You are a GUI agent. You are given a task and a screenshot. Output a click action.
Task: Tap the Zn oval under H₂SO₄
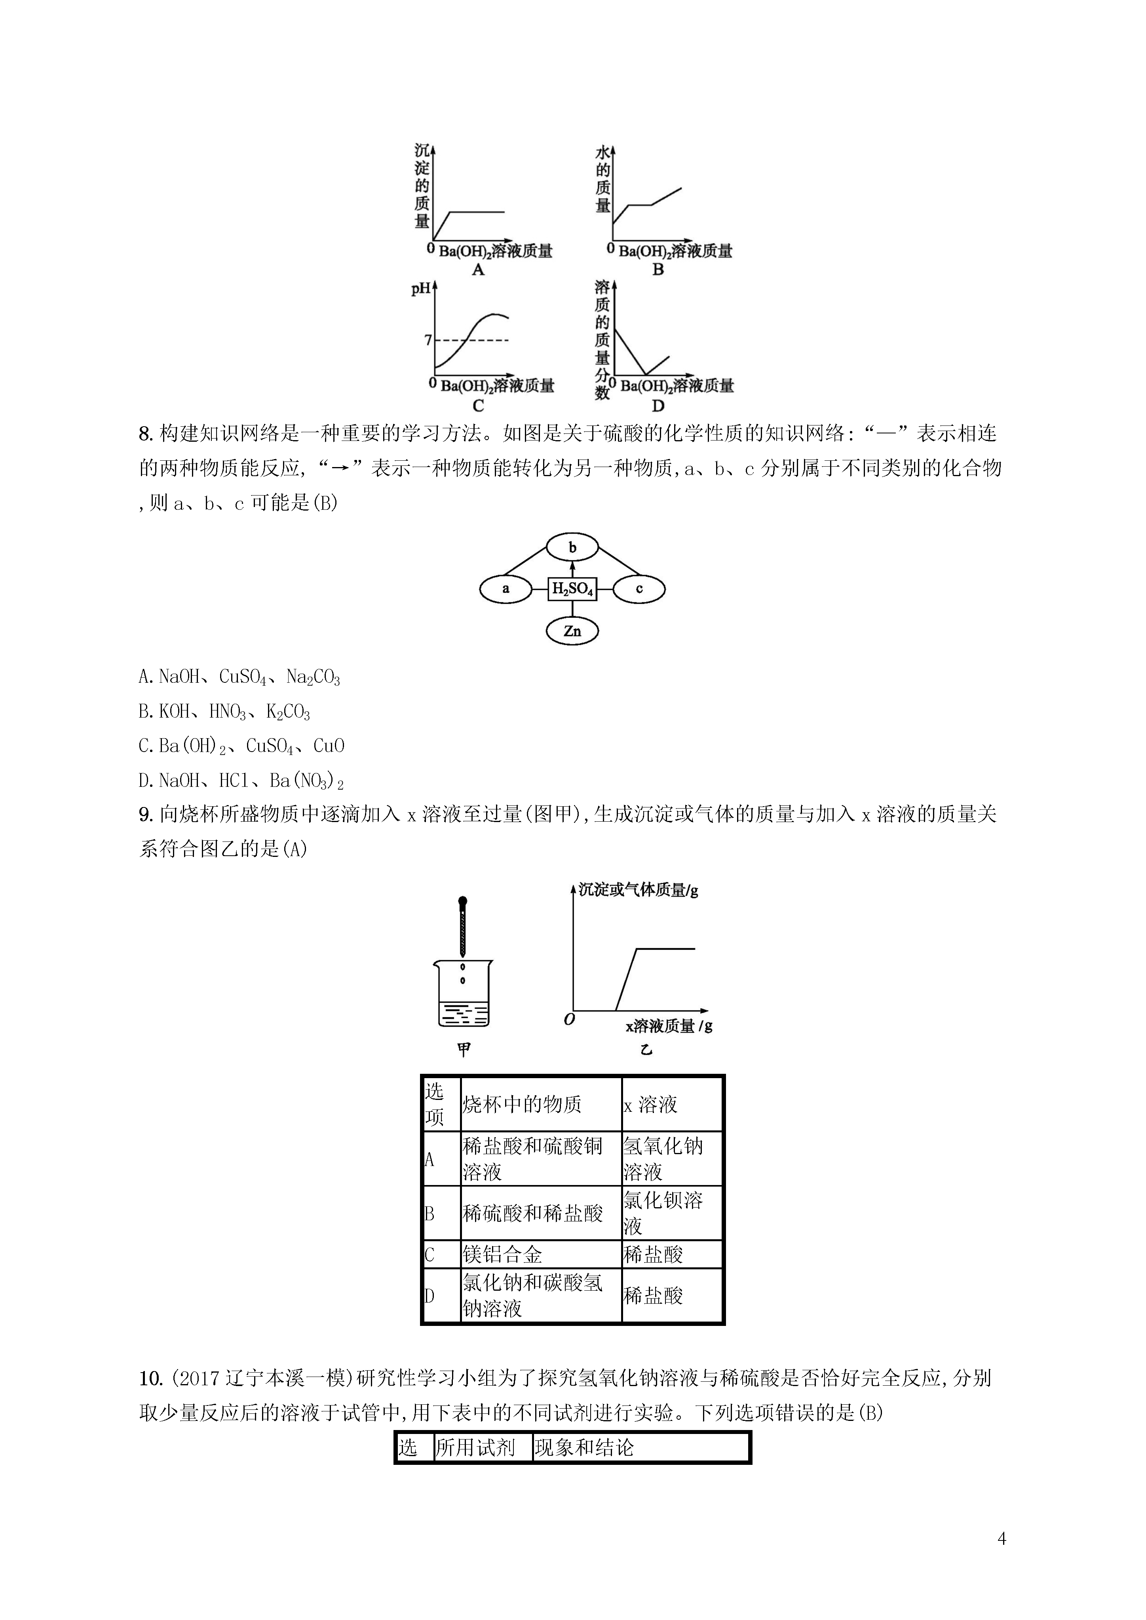tap(572, 631)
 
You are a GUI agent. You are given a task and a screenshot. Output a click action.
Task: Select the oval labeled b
tap(572, 547)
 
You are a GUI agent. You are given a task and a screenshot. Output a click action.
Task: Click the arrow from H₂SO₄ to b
tap(572, 570)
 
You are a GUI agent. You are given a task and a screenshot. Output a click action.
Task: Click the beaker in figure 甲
tap(463, 993)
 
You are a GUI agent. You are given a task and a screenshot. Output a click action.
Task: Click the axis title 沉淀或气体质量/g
tap(638, 891)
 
